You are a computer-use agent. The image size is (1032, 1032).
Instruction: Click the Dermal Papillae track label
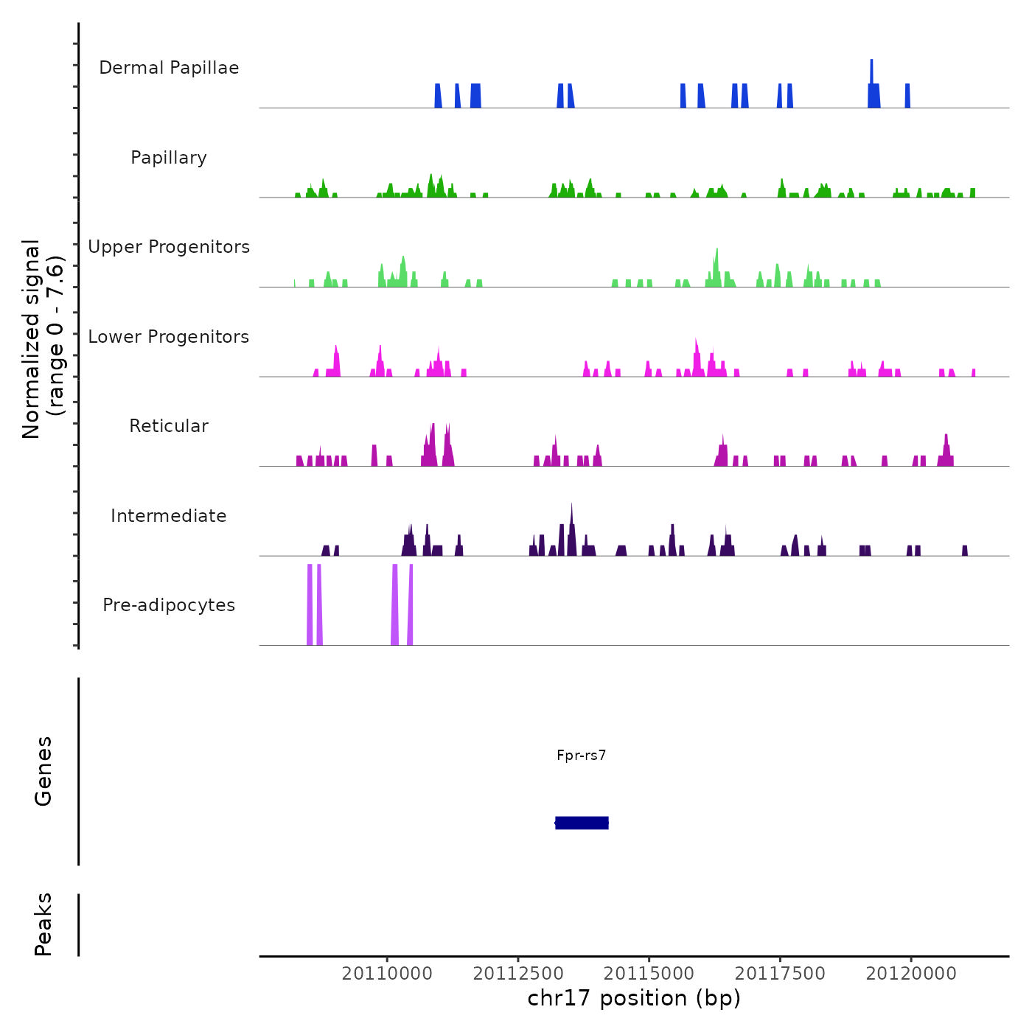[169, 68]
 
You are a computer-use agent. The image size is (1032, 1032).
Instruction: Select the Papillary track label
[169, 158]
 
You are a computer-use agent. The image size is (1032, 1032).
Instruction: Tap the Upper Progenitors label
[169, 247]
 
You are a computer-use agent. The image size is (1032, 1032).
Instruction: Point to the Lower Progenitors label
[169, 337]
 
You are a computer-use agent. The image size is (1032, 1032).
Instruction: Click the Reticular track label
[169, 426]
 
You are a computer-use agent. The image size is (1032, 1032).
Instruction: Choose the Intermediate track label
[169, 516]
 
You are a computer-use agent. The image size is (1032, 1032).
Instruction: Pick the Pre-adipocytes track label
[169, 605]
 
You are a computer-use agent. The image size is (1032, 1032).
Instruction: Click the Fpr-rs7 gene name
[582, 755]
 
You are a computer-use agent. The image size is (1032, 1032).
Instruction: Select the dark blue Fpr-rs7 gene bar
[582, 823]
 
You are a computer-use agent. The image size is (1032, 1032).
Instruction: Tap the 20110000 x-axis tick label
[387, 974]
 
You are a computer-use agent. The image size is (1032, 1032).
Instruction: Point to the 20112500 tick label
[518, 974]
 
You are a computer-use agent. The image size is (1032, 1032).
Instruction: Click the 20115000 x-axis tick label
[649, 974]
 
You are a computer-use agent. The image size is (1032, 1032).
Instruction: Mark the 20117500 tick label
[780, 974]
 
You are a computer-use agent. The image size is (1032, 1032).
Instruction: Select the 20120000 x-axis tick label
[911, 974]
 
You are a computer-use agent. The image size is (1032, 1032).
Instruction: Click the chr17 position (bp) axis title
[634, 998]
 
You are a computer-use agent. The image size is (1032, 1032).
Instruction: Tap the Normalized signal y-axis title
[43, 338]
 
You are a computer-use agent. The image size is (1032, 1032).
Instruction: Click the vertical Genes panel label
[43, 771]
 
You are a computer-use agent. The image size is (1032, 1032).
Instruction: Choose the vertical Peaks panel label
[43, 924]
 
